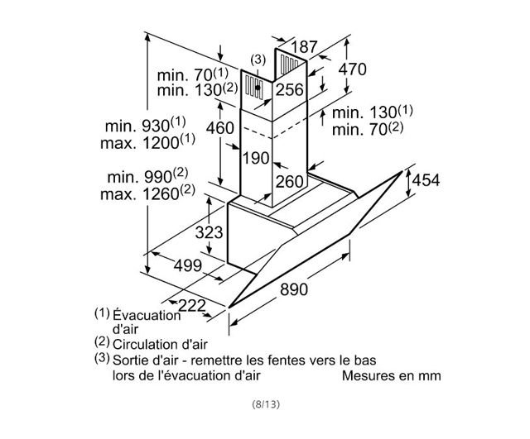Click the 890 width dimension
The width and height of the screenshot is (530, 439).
coord(294,289)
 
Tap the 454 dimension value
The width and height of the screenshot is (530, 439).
coord(426,180)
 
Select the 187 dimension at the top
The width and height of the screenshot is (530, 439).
coord(304,47)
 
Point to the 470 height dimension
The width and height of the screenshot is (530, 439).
coord(353,69)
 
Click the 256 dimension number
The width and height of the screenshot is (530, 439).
coord(290,90)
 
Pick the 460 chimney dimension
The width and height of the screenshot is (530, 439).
coord(220,128)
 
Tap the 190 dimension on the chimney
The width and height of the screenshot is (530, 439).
coord(256,158)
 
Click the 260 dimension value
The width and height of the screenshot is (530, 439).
coord(290,182)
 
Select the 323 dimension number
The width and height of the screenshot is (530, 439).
coord(209,232)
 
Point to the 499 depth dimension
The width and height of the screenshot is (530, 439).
coord(188,265)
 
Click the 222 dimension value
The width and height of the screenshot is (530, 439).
coord(191,306)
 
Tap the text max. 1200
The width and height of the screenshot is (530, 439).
coord(147,141)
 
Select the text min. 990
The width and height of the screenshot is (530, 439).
coord(147,175)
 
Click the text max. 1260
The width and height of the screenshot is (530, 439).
coord(147,193)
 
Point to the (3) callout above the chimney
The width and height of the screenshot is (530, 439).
coord(258,60)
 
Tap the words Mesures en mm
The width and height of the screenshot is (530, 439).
coord(392,375)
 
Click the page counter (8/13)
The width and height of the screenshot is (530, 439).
coord(266,404)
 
